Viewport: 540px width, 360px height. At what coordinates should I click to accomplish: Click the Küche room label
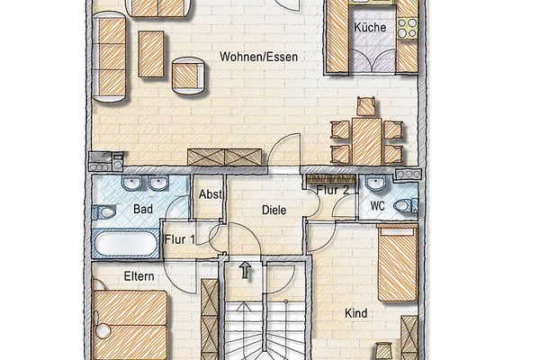(x=370, y=27)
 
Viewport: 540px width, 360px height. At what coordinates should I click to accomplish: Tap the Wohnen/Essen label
(x=259, y=57)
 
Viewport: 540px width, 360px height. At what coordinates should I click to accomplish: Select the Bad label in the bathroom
(x=143, y=209)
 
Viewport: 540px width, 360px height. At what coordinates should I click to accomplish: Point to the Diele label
(x=274, y=210)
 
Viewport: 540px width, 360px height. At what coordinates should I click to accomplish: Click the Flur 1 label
(x=180, y=239)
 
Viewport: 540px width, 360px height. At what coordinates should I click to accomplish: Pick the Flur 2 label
(x=333, y=190)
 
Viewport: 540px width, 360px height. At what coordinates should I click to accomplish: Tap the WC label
(x=377, y=206)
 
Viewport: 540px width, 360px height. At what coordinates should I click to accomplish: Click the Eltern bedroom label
(x=139, y=276)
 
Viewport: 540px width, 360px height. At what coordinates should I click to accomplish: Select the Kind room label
(x=355, y=313)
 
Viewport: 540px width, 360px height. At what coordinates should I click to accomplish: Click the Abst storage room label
(x=211, y=194)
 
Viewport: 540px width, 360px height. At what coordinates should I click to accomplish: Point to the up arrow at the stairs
(x=245, y=270)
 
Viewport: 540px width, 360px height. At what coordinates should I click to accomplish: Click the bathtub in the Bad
(x=126, y=243)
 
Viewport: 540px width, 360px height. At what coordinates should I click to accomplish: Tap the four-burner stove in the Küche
(x=408, y=28)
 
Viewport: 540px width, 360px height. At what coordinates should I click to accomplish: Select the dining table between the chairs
(x=367, y=141)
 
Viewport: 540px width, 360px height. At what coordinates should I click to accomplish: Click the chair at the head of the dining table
(x=365, y=107)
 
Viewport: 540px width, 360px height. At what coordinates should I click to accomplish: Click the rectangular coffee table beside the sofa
(x=151, y=54)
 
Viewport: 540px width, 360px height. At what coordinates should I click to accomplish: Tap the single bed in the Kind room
(x=398, y=263)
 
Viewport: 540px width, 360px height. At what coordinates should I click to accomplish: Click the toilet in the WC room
(x=405, y=206)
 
